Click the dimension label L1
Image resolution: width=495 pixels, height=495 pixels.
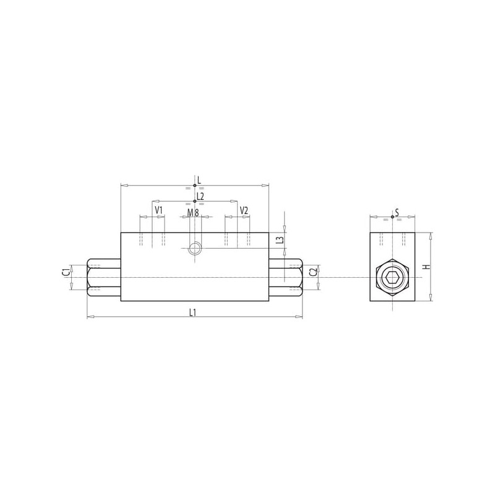pyautogui.click(x=192, y=312)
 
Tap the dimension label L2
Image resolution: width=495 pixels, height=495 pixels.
pyautogui.click(x=200, y=196)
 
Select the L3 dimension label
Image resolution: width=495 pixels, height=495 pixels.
pyautogui.click(x=280, y=239)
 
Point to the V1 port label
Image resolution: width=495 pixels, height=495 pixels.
pyautogui.click(x=158, y=210)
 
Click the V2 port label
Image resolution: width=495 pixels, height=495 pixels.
pyautogui.click(x=244, y=210)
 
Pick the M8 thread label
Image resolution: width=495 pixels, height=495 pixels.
pyautogui.click(x=193, y=213)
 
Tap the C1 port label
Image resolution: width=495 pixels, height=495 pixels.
pyautogui.click(x=66, y=272)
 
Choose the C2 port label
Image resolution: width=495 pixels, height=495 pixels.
pyautogui.click(x=313, y=272)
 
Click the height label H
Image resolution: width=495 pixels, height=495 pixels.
pyautogui.click(x=427, y=267)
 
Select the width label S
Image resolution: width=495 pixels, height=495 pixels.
pyautogui.click(x=397, y=212)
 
